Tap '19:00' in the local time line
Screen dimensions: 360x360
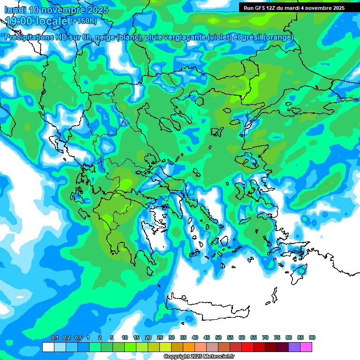click(18, 21)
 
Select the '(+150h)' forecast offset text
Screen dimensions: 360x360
click(83, 21)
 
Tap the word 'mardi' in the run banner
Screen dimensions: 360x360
click(293, 8)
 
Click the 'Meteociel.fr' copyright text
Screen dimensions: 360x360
click(217, 357)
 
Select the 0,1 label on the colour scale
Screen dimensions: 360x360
click(54, 338)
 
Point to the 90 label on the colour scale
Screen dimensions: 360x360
click(312, 338)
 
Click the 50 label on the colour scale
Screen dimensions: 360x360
click(218, 338)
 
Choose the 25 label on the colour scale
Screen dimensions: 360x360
click(160, 338)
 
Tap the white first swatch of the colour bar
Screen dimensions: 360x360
click(48, 347)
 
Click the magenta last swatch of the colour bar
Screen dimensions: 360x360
click(307, 347)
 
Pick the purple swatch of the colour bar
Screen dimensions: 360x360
click(295, 347)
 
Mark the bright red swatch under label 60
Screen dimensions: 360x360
click(247, 347)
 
